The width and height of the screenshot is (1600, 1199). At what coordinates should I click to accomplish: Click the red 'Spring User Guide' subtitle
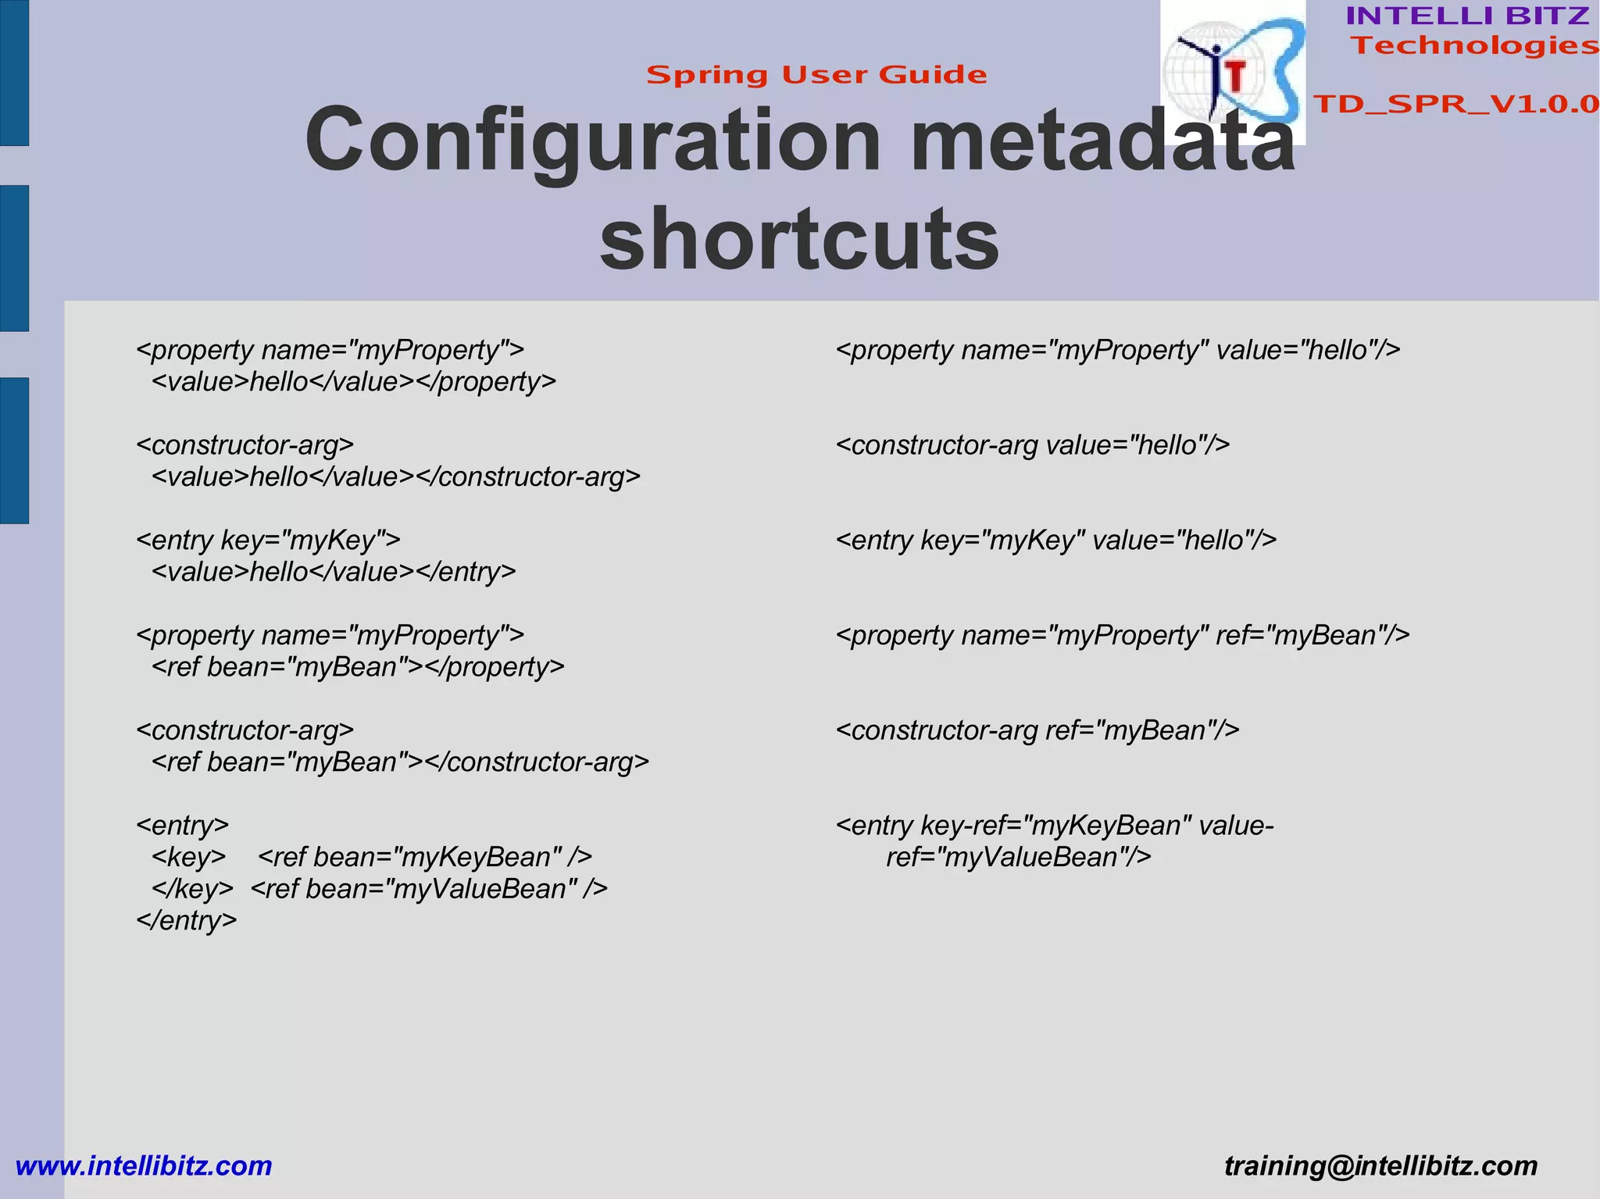[x=816, y=75]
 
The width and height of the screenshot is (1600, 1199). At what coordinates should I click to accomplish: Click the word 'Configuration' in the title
[x=594, y=141]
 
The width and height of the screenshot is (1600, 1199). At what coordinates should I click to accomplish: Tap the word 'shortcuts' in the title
[x=799, y=238]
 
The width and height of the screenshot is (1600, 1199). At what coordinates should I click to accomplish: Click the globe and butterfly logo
[x=1232, y=72]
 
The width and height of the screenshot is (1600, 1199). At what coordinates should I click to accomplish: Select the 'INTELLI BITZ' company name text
[x=1467, y=16]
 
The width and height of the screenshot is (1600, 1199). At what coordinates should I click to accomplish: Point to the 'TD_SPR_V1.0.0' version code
[x=1456, y=104]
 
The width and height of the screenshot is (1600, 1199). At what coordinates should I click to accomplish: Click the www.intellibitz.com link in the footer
[x=144, y=1165]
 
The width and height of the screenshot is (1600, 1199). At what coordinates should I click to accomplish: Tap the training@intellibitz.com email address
[x=1380, y=1165]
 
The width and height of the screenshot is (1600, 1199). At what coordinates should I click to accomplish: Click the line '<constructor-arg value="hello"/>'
[x=1033, y=445]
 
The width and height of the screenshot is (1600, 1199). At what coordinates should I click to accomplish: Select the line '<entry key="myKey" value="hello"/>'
[x=1056, y=541]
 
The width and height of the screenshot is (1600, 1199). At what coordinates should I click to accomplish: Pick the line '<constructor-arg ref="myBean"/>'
[x=1037, y=730]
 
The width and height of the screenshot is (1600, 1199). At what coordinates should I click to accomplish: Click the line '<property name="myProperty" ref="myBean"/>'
[x=1123, y=636]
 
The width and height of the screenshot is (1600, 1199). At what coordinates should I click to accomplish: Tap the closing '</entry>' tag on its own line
[x=186, y=921]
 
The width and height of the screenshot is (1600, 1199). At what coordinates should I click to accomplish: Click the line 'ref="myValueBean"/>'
[x=1018, y=858]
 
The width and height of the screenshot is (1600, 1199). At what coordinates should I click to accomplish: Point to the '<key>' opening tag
[x=189, y=858]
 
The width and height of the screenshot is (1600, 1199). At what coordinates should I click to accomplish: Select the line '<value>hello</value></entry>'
[x=334, y=573]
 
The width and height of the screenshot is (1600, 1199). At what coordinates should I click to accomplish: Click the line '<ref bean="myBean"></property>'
[x=358, y=667]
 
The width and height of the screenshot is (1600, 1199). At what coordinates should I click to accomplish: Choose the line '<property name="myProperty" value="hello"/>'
[x=1118, y=351]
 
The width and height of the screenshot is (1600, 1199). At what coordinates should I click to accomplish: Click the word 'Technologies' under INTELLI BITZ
[x=1475, y=45]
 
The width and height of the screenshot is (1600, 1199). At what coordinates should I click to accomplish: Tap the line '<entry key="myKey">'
[x=268, y=541]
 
